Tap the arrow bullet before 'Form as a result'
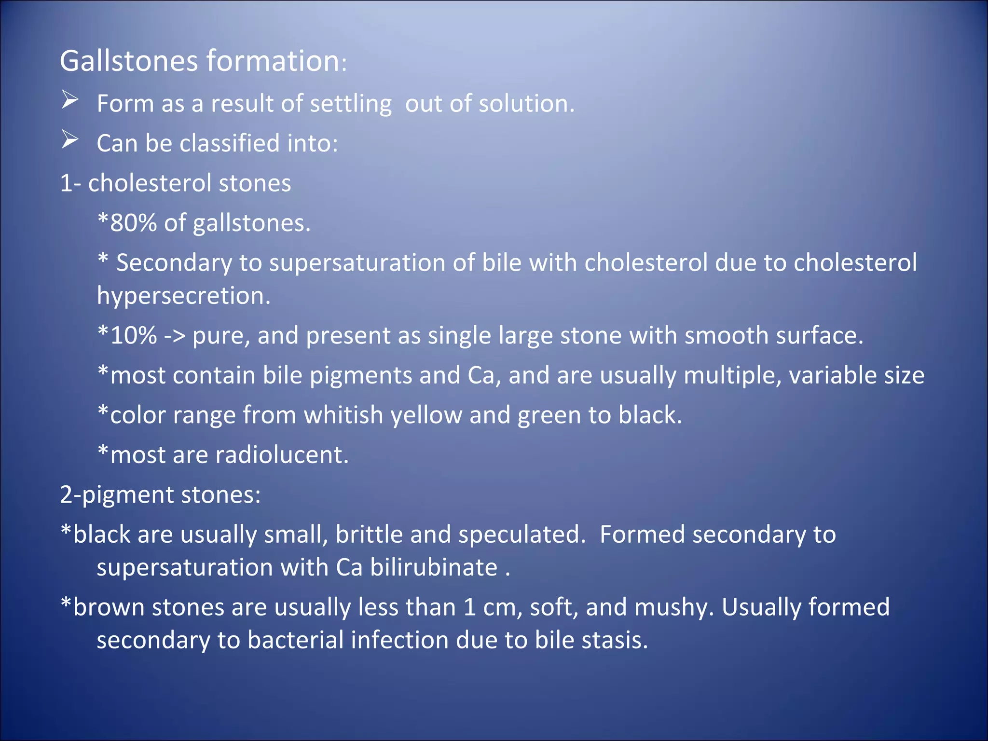pos(70,100)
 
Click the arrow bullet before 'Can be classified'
pos(70,140)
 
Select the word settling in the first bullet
pos(351,104)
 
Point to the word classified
pos(229,143)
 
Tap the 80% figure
pos(133,223)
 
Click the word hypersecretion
pos(183,296)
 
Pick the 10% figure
pos(133,335)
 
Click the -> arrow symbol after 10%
pos(174,335)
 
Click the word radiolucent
pos(282,455)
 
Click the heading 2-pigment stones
pos(160,495)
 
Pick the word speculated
pos(521,535)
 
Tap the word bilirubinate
pos(434,567)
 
